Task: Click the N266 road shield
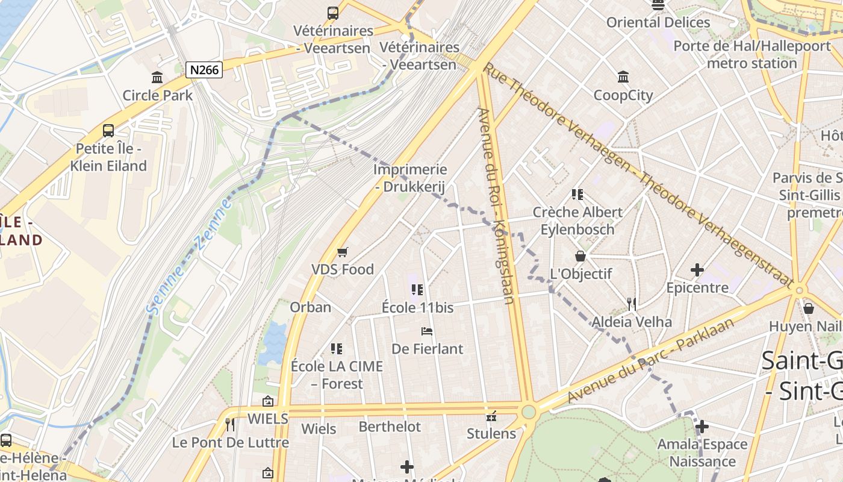point(204,70)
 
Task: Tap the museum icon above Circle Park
point(158,77)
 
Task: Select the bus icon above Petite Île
point(108,130)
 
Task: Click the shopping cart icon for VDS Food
point(343,252)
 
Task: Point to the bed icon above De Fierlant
point(427,331)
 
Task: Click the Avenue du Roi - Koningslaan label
point(496,205)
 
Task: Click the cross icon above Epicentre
point(697,270)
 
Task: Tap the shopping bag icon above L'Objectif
point(580,256)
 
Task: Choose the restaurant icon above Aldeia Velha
point(631,304)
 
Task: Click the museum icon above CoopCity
point(623,77)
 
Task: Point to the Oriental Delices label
point(658,22)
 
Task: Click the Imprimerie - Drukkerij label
point(410,178)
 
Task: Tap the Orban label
point(311,307)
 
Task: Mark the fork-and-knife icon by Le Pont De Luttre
point(230,425)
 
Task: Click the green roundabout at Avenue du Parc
point(529,412)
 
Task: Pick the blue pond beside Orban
point(275,343)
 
